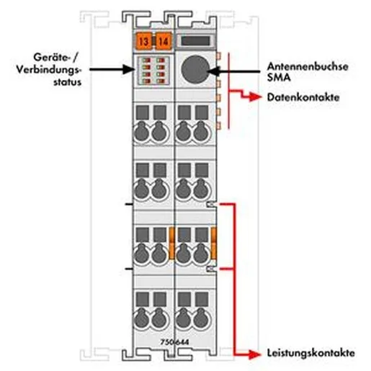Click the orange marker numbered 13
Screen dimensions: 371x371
[x=143, y=41]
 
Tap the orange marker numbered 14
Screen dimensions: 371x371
[x=164, y=41]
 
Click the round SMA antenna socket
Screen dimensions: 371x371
[x=195, y=70]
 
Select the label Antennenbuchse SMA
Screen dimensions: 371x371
[x=308, y=72]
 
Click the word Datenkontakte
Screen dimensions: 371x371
[x=303, y=97]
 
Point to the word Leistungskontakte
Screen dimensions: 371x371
[x=311, y=353]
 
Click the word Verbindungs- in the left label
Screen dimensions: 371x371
[x=49, y=70]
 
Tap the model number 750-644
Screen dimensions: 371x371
[x=174, y=342]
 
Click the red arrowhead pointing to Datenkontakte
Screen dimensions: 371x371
[x=255, y=97]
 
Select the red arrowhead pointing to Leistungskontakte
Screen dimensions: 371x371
[x=255, y=354]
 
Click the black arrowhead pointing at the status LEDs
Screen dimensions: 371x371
[x=129, y=69]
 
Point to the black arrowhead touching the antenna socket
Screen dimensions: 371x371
[x=213, y=71]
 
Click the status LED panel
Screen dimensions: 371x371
[x=153, y=71]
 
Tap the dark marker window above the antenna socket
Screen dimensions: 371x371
[x=195, y=41]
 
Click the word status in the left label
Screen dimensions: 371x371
[x=67, y=82]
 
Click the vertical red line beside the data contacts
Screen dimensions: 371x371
[x=229, y=91]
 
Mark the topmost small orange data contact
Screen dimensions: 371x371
[x=218, y=55]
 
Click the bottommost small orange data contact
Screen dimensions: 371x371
[x=218, y=125]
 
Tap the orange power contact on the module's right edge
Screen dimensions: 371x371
[x=213, y=243]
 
